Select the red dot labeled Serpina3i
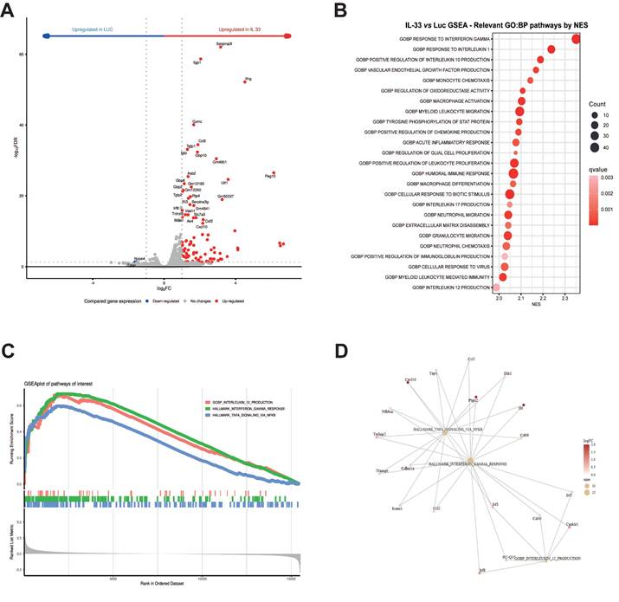coord(220,48)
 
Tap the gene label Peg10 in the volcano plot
coord(270,177)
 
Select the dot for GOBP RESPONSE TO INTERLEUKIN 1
coord(551,49)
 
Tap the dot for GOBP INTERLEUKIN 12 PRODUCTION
coord(497,287)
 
